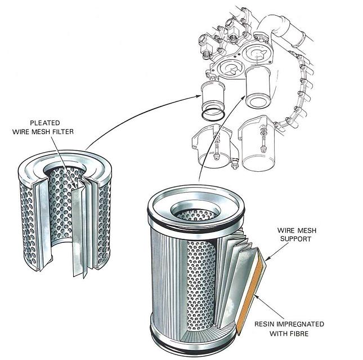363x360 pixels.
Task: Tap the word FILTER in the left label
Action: (x=79, y=132)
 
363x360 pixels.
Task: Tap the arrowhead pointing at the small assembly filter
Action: (x=198, y=97)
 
